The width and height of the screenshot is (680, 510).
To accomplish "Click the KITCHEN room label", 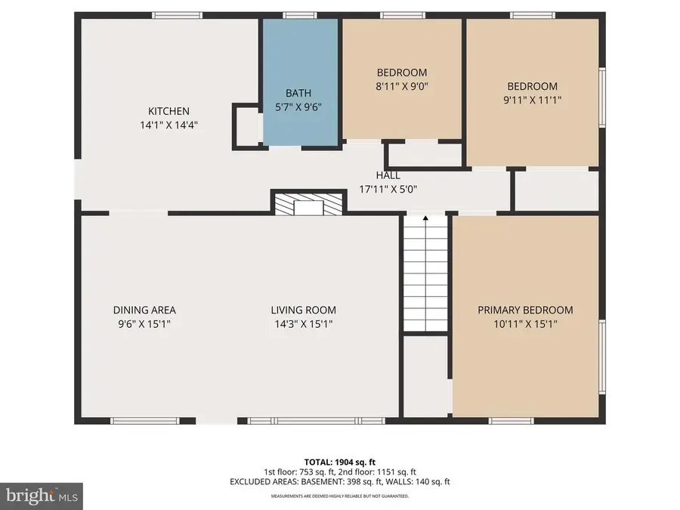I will click(x=168, y=111).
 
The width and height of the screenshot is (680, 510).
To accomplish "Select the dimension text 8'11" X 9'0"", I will click(x=402, y=87).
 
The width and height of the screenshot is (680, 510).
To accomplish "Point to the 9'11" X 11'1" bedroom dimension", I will click(x=532, y=100).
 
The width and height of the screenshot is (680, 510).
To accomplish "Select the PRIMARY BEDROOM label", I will click(x=524, y=310).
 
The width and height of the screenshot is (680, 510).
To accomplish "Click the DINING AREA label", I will click(x=144, y=310).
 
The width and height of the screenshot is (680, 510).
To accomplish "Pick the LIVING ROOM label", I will click(x=303, y=310).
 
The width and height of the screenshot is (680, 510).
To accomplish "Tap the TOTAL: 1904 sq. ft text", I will click(x=340, y=461).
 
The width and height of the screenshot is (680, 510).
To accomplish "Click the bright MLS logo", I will click(x=42, y=496).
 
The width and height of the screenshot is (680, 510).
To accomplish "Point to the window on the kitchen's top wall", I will click(x=177, y=15).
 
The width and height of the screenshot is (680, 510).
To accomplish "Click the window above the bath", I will click(x=294, y=15).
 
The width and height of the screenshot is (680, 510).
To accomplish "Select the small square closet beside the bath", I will click(x=246, y=126).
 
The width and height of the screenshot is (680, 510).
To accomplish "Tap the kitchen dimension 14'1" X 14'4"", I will click(x=168, y=125).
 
